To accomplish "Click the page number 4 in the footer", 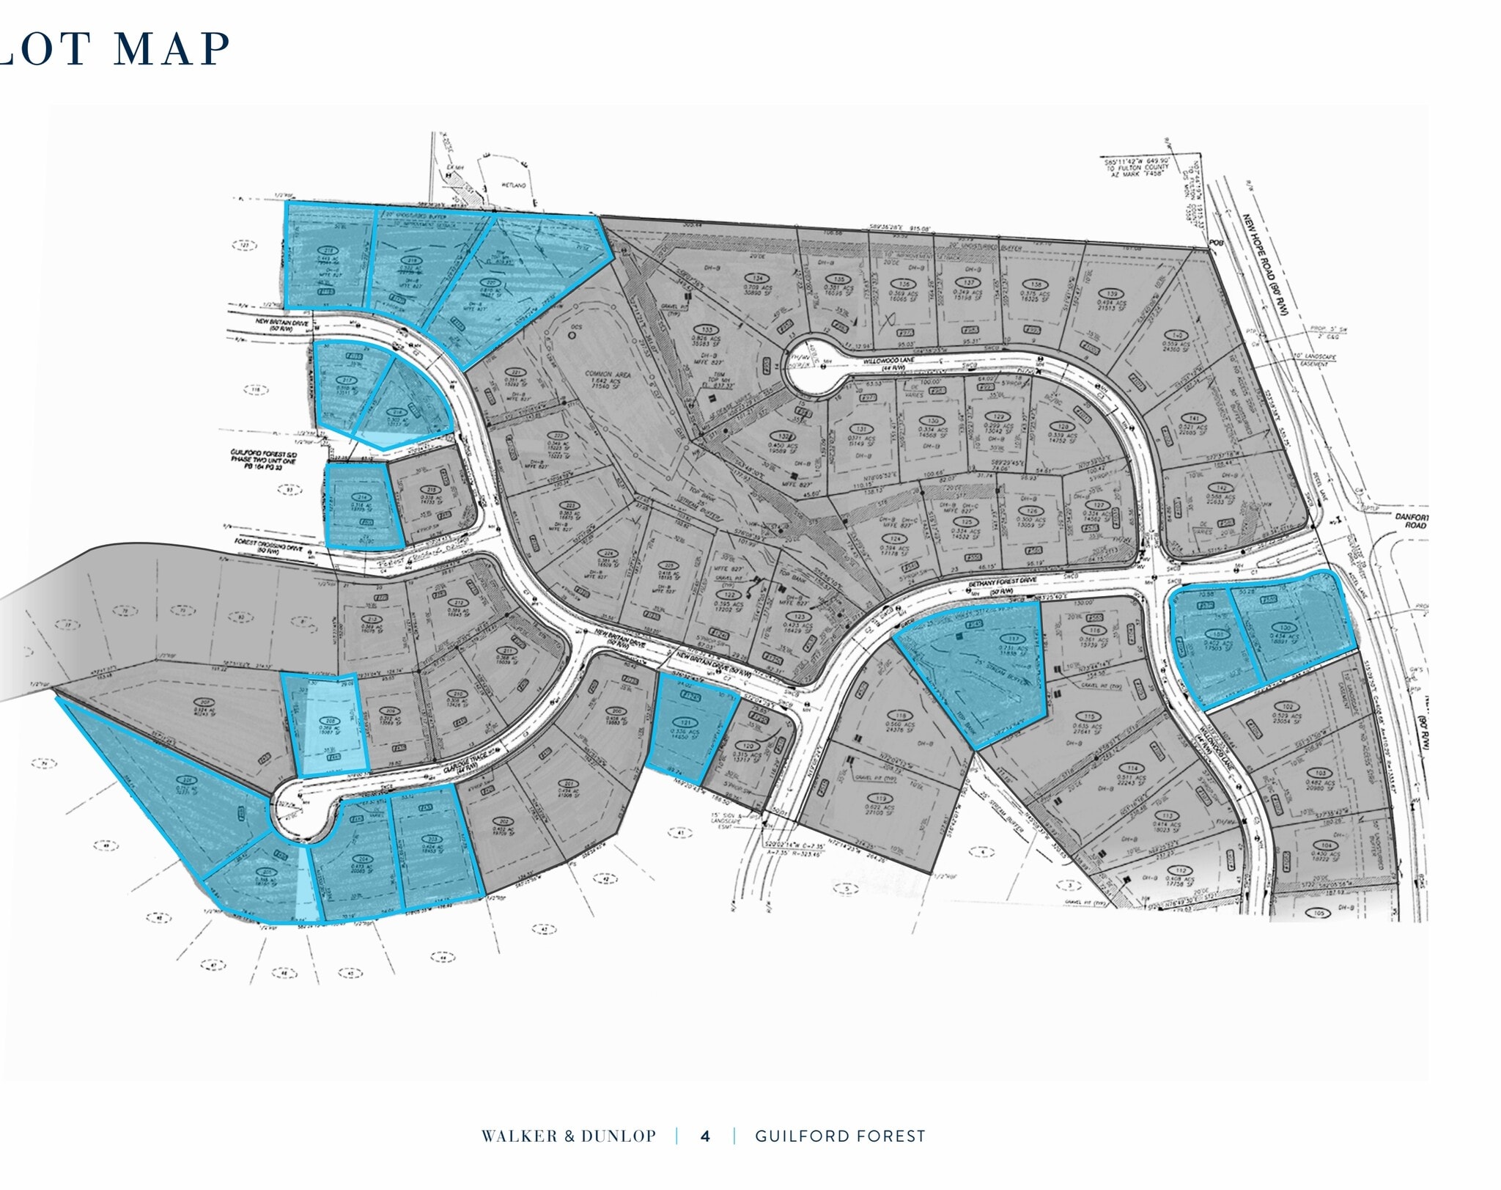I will pyautogui.click(x=705, y=1136).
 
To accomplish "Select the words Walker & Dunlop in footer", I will pyautogui.click(x=568, y=1136).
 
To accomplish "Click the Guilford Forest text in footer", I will pyautogui.click(x=840, y=1136).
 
